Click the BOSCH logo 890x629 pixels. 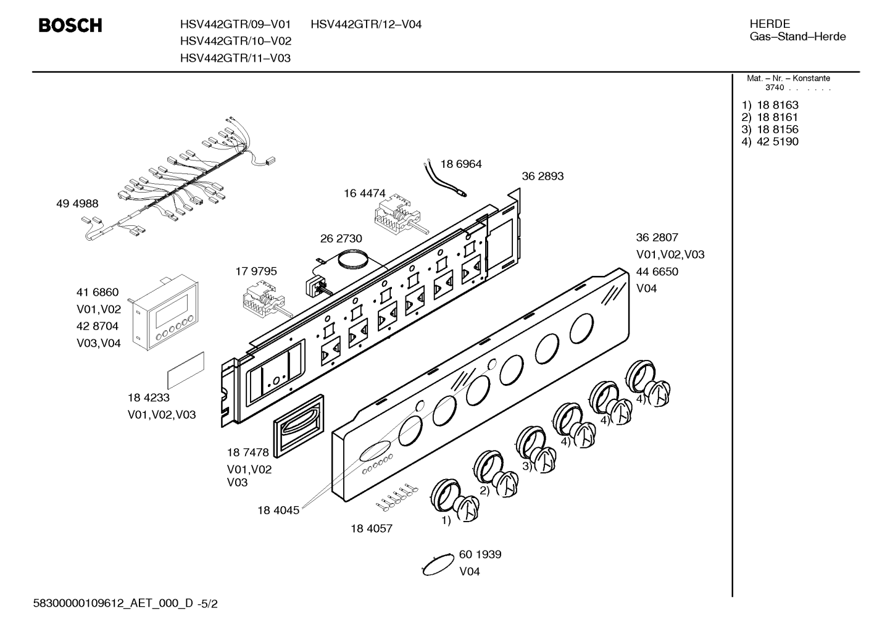point(70,25)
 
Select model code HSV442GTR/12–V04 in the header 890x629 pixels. point(366,25)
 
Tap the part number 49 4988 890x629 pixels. point(77,204)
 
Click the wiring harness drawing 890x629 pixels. point(179,179)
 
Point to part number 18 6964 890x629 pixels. point(461,164)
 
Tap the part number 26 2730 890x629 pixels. point(341,238)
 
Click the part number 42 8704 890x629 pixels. point(98,326)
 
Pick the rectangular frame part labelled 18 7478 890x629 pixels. point(298,426)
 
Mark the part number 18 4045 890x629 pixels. point(278,510)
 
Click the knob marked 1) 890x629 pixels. point(454,501)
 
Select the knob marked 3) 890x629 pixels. point(536,449)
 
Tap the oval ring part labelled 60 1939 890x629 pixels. point(438,564)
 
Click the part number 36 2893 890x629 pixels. point(543,176)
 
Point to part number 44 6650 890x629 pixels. point(657,272)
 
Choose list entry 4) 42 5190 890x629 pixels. point(770,141)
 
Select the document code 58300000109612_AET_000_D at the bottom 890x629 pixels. point(113,604)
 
